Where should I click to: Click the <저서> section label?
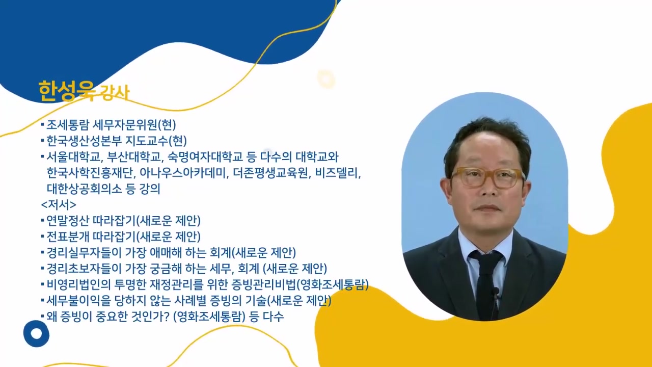click(x=59, y=205)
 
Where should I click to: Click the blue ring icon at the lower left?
click(x=36, y=334)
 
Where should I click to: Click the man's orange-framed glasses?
click(x=487, y=177)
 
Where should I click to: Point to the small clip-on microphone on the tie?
click(x=495, y=292)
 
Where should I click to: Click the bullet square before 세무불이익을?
click(x=43, y=301)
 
